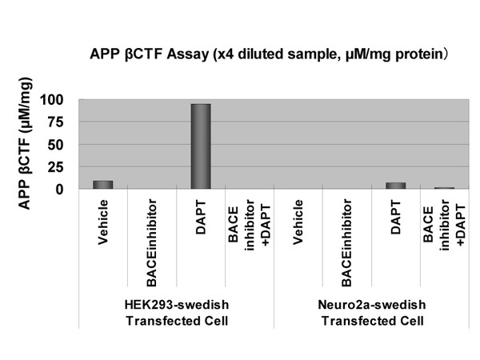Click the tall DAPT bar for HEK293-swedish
pos(201,146)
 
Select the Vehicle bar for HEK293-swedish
pos(103,185)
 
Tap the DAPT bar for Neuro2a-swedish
pos(396,186)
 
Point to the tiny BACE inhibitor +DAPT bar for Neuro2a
pos(445,188)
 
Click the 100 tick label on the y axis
pos(51,100)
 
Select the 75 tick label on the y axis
pos(55,122)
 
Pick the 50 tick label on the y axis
pos(55,145)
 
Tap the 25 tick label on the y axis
pos(55,167)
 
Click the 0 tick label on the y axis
pos(59,190)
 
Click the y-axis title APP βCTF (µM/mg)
pos(25,143)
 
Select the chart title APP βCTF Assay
pos(270,54)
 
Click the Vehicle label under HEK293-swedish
pos(103,222)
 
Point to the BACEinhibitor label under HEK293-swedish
pos(152,242)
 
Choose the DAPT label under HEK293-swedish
pos(201,217)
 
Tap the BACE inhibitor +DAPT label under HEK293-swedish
pos(250,226)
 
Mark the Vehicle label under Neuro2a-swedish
pos(298,222)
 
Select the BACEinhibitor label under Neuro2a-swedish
pos(347,242)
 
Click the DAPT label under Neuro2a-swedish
pos(396,217)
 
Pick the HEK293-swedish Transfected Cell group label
pos(177,313)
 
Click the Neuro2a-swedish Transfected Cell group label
pos(372,313)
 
